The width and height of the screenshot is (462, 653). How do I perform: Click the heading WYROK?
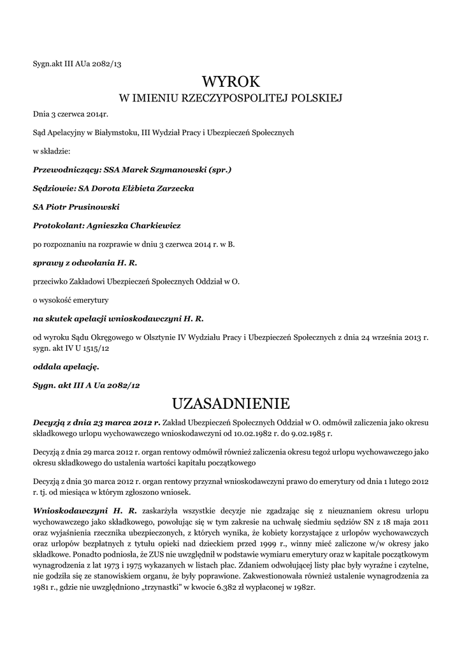point(231,82)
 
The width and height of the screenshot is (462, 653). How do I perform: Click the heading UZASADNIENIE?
point(231,404)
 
